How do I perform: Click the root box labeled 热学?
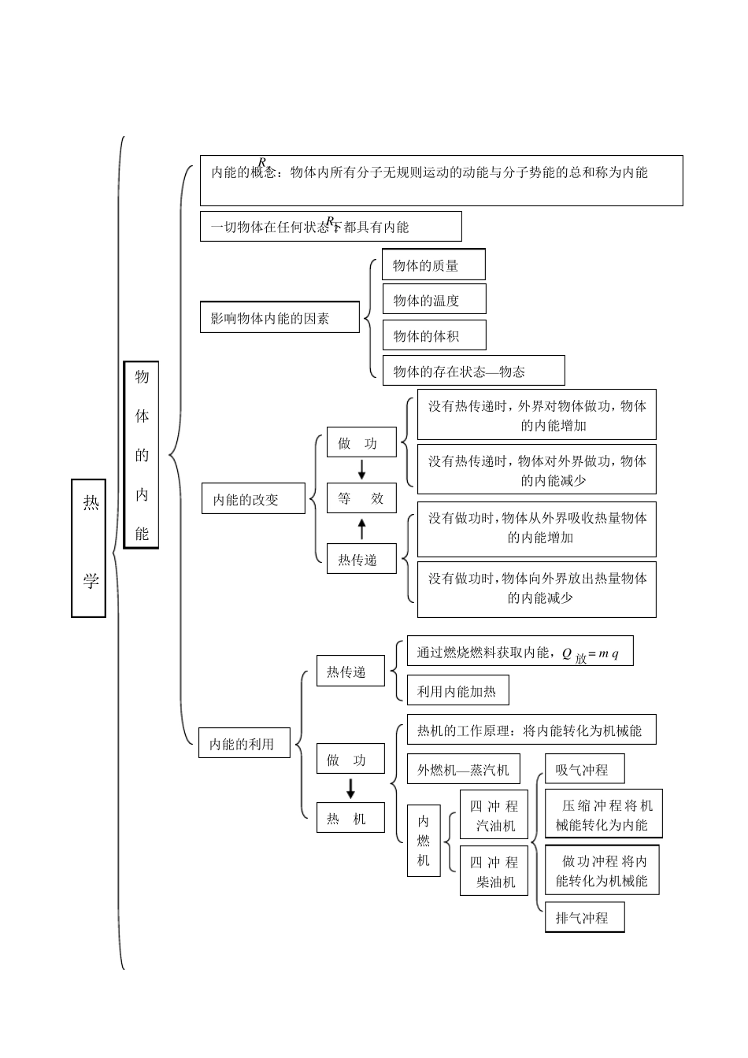(89, 548)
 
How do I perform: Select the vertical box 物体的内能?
(142, 455)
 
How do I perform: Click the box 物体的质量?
(433, 265)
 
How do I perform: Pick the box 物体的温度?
(434, 300)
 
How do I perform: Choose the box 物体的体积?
(434, 336)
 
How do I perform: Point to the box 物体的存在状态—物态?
(473, 371)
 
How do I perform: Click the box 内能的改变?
(254, 499)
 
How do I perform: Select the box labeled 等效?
(361, 498)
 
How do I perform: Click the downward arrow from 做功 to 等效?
(362, 469)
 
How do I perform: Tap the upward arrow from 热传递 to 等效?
(362, 528)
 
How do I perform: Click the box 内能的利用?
(244, 743)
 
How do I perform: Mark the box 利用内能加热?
(457, 691)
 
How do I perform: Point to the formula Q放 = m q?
(590, 653)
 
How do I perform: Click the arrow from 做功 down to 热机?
(350, 789)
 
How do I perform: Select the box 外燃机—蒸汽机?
(463, 770)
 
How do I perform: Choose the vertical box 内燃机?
(424, 841)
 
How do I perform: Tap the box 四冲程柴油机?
(494, 871)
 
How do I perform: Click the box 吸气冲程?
(584, 770)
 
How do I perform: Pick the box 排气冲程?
(584, 918)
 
